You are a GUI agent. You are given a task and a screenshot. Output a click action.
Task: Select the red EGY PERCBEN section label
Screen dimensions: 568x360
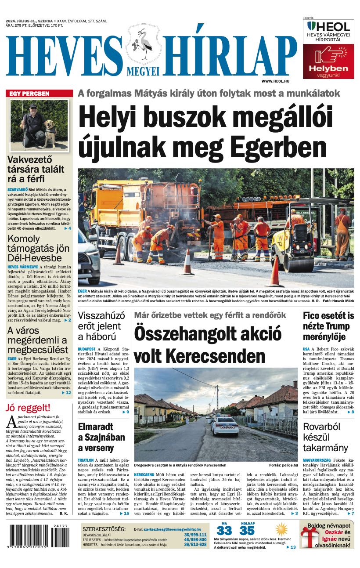pos(30,94)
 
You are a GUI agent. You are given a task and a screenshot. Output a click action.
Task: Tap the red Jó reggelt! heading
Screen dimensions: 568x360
pos(28,407)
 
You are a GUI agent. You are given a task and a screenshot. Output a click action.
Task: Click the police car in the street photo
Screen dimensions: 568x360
pos(225,425)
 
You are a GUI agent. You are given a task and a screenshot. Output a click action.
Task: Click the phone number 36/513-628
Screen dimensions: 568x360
pos(195,545)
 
